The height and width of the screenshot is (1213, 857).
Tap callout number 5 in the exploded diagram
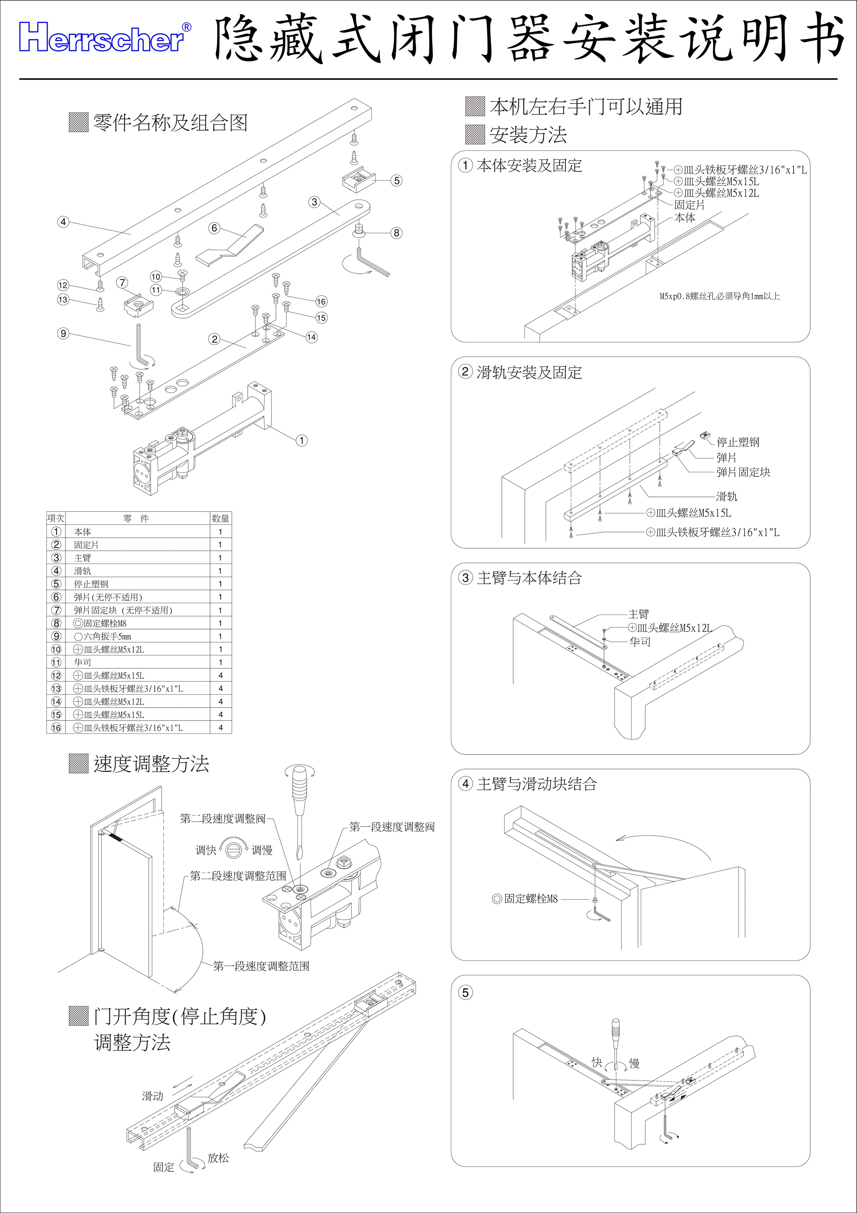(x=396, y=181)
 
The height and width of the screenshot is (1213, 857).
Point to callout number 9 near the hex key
(x=63, y=333)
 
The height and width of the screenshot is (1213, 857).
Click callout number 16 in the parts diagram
(x=321, y=302)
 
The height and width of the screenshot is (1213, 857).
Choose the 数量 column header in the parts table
(x=220, y=518)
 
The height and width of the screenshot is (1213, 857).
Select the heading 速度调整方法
(x=152, y=764)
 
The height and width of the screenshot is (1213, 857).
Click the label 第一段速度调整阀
(x=392, y=827)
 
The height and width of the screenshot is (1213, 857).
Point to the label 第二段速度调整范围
(x=238, y=876)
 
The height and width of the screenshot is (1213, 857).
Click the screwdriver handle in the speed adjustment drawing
(x=299, y=788)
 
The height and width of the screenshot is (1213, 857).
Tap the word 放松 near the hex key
(x=218, y=1158)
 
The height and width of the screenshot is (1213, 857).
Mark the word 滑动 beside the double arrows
(x=153, y=1096)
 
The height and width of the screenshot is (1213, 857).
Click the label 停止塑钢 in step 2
(x=738, y=442)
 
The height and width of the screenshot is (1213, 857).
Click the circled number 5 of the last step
(x=465, y=993)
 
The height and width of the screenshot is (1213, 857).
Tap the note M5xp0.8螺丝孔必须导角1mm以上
(x=719, y=296)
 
